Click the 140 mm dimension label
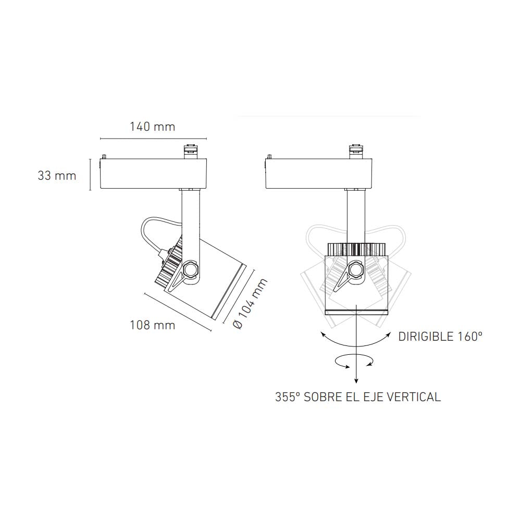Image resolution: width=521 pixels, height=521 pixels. [x=152, y=127]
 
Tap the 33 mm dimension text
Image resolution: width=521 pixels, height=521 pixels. [x=57, y=176]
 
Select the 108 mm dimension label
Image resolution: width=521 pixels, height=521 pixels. [x=152, y=325]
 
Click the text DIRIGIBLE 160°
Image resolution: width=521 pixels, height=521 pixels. [x=440, y=337]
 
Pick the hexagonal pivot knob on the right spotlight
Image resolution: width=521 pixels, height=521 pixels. [x=357, y=270]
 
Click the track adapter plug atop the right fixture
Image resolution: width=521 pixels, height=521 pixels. [x=357, y=150]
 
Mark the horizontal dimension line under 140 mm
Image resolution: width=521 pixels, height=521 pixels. [x=152, y=139]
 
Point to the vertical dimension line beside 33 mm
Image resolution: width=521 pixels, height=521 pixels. [x=90, y=174]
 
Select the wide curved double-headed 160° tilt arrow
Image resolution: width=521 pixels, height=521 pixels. [x=355, y=339]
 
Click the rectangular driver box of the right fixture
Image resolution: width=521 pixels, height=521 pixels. [x=319, y=174]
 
